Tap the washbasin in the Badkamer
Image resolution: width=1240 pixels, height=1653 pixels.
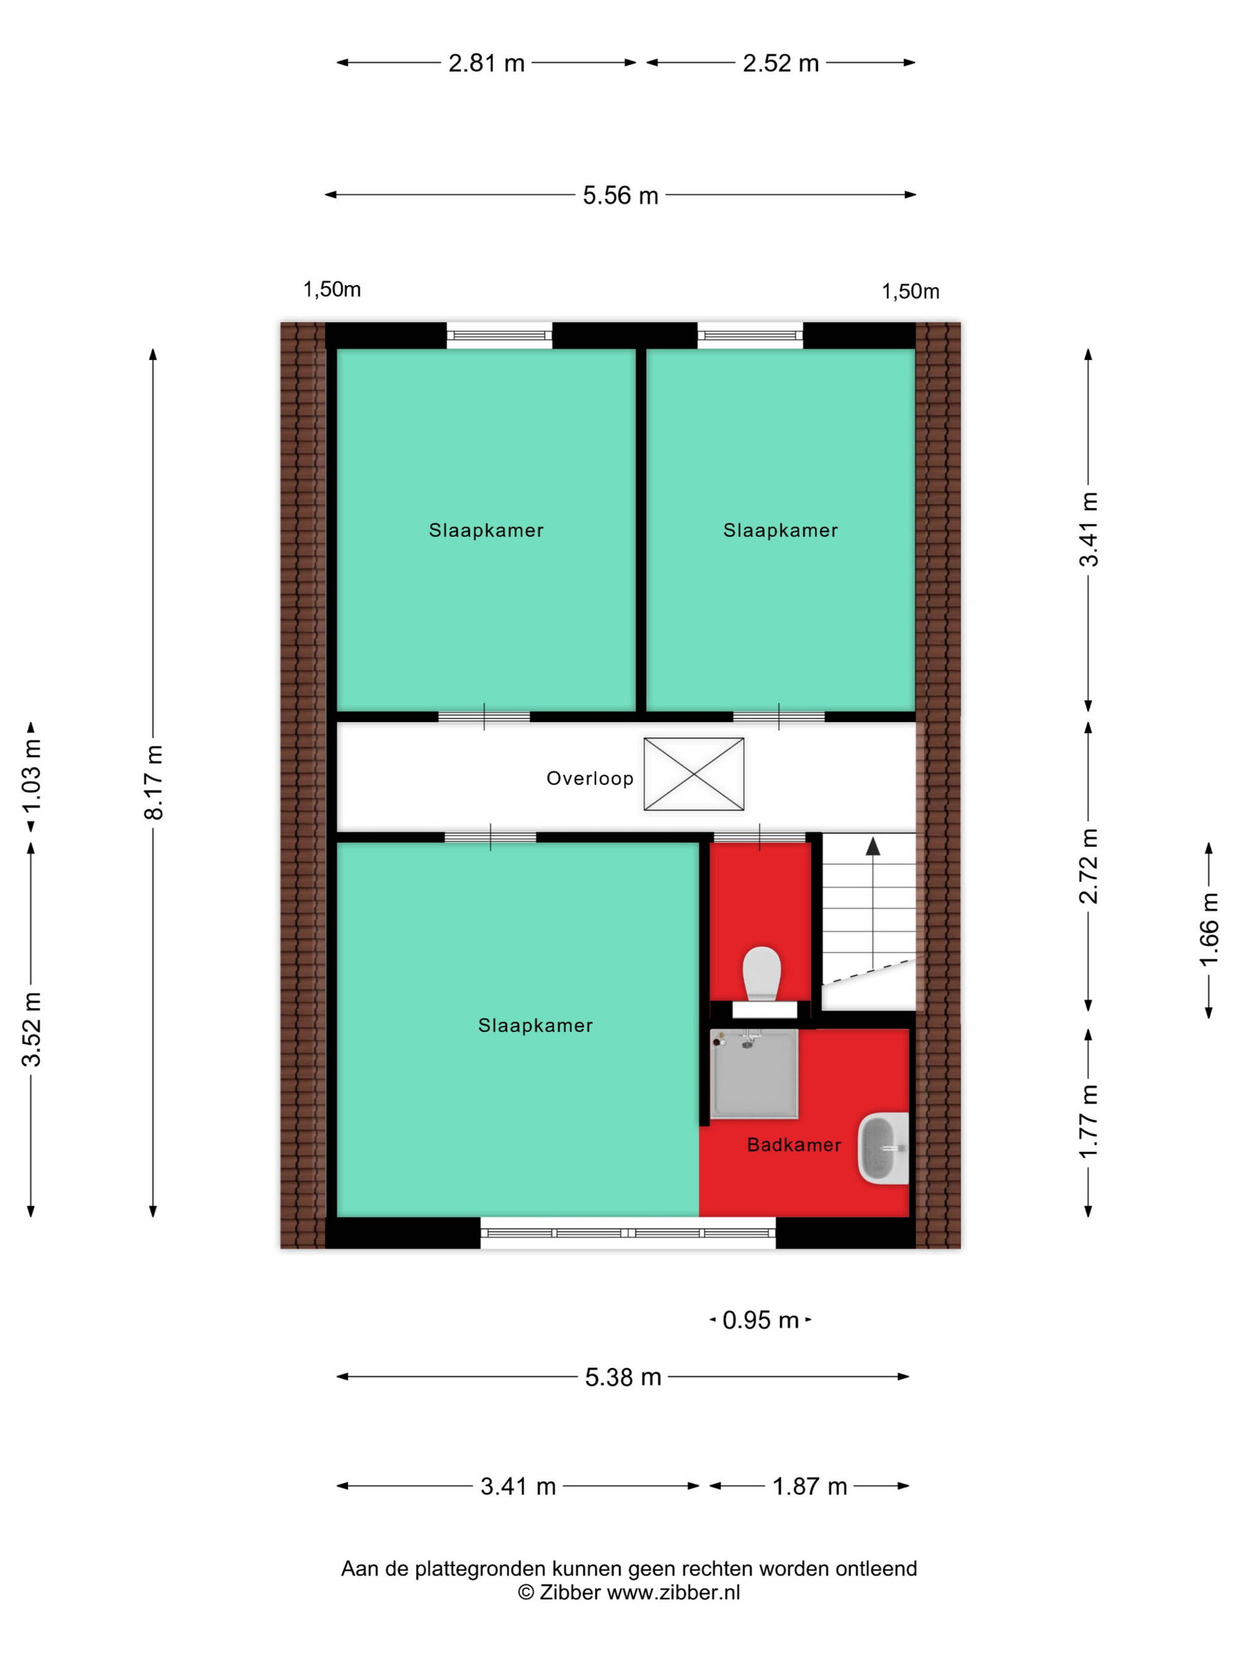click(x=883, y=1148)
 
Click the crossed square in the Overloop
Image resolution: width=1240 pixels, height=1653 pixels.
click(x=694, y=774)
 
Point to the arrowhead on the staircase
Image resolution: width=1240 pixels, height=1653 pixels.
click(x=872, y=846)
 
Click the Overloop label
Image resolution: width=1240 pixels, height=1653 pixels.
click(x=590, y=778)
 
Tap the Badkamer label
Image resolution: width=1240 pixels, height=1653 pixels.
click(x=794, y=1145)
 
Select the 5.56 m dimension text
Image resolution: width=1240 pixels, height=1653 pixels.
click(x=621, y=196)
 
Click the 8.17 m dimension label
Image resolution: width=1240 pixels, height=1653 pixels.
click(x=154, y=782)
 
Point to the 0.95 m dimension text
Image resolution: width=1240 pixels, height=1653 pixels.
click(x=761, y=1320)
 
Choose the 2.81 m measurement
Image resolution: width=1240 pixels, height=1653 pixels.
click(x=487, y=63)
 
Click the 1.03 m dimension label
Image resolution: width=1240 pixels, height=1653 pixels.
click(x=32, y=776)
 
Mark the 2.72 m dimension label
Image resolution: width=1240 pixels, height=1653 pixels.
click(x=1088, y=866)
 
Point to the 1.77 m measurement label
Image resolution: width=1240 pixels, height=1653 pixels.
click(x=1088, y=1122)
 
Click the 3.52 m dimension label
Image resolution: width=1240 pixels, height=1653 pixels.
click(x=32, y=1029)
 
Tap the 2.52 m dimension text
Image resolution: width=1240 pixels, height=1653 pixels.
click(x=781, y=63)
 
